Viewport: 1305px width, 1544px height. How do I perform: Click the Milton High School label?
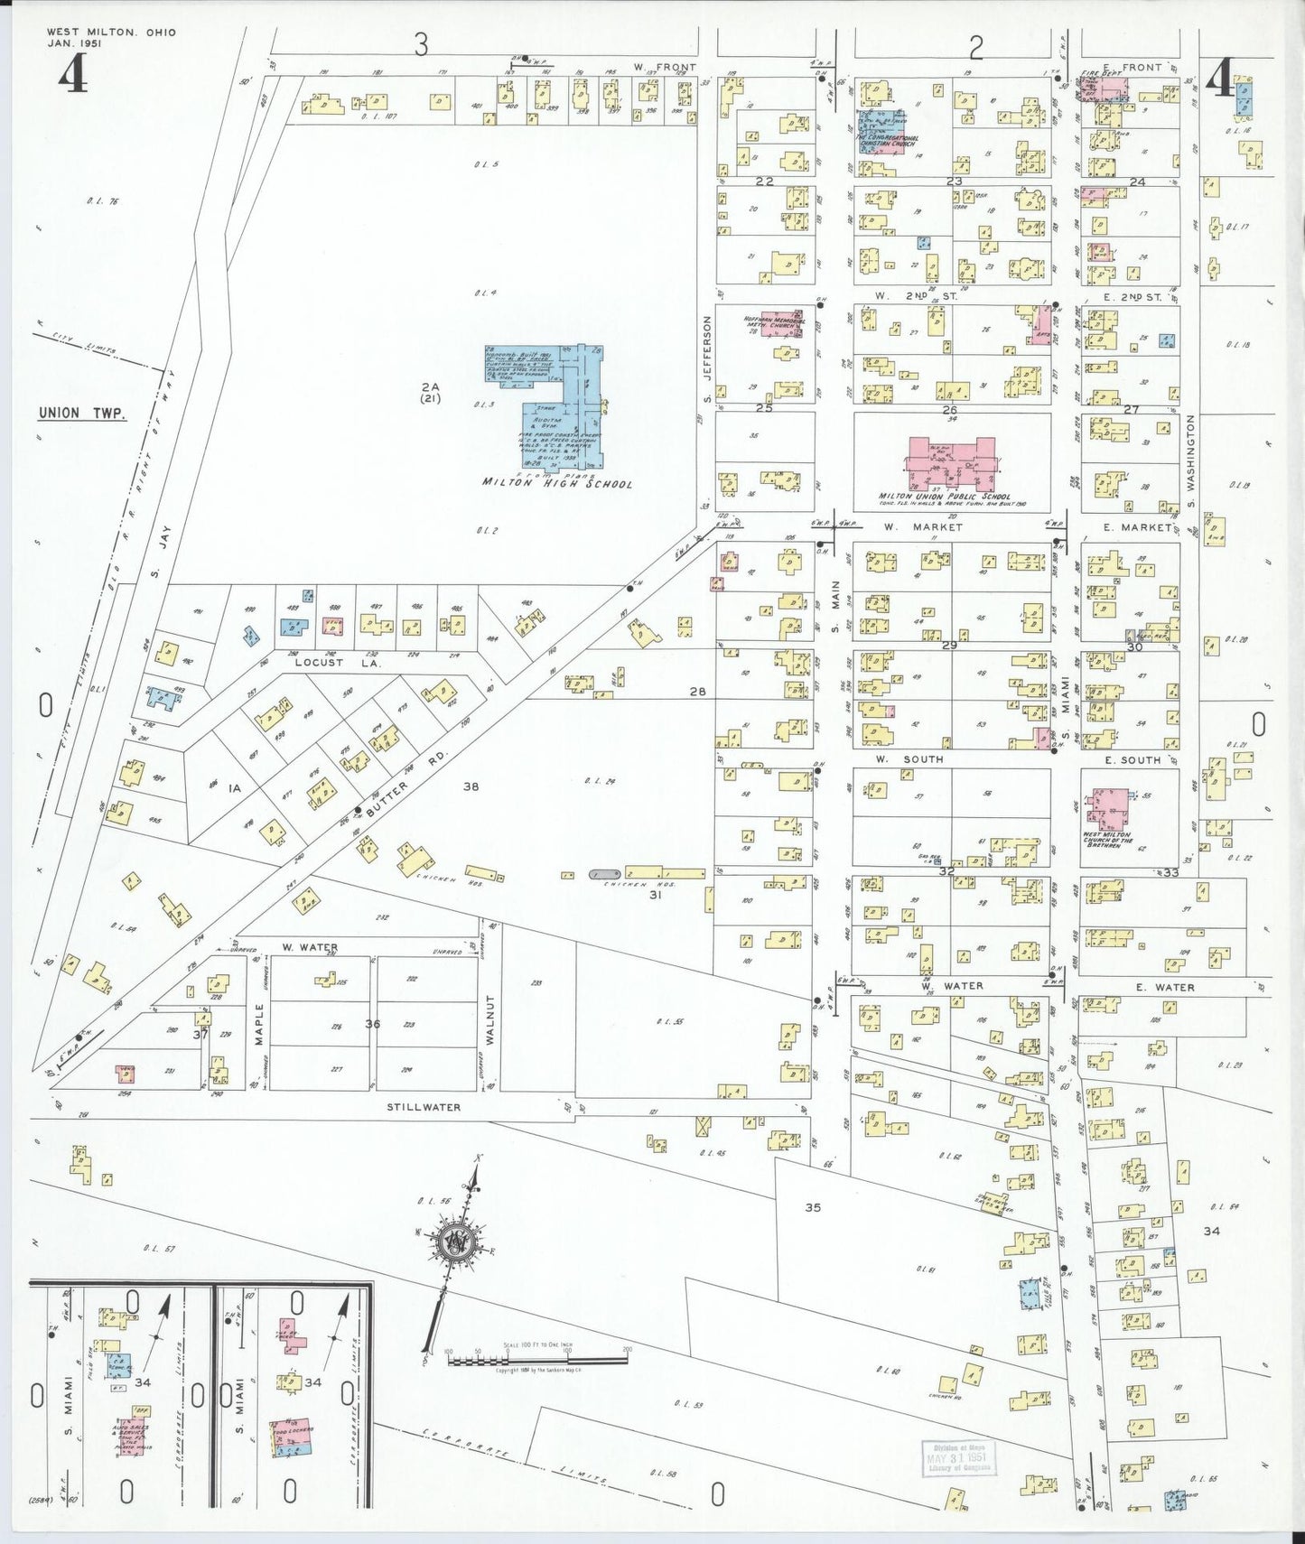pyautogui.click(x=556, y=483)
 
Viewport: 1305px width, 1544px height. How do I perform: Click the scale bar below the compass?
pyautogui.click(x=536, y=1358)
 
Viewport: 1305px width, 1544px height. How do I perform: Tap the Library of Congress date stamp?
pyautogui.click(x=956, y=1457)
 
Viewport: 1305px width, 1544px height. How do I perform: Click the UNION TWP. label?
pyautogui.click(x=81, y=414)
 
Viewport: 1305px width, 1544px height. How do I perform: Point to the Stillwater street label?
pyautogui.click(x=424, y=1107)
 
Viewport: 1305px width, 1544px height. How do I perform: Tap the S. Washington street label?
pyautogui.click(x=1191, y=460)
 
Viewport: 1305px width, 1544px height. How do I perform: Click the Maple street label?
pyautogui.click(x=259, y=1024)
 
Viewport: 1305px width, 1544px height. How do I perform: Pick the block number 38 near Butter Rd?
pyautogui.click(x=471, y=786)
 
